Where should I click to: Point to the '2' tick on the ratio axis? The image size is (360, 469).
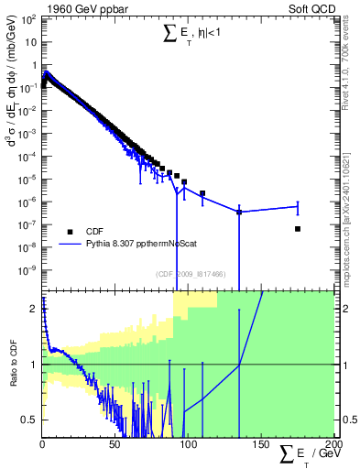click(33, 309)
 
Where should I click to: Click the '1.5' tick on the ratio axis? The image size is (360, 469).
click(29, 336)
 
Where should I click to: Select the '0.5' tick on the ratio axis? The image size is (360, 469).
click(29, 420)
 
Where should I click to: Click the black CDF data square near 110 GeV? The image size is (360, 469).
click(202, 193)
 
